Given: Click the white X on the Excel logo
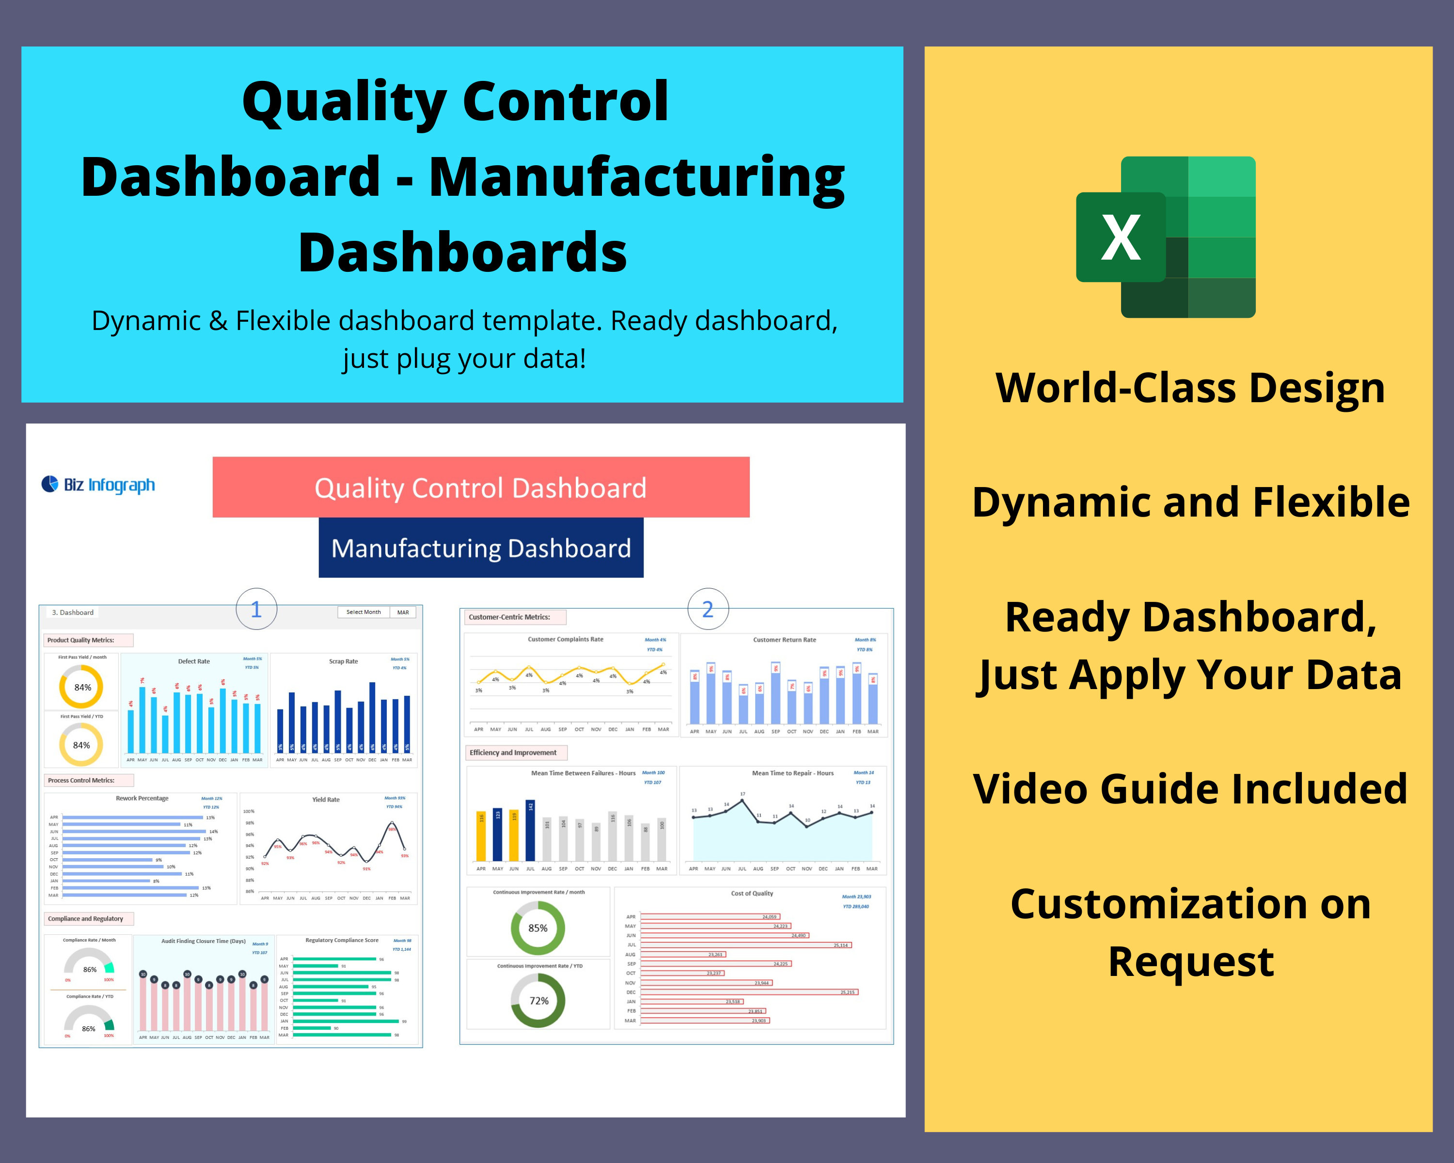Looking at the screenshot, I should (x=1120, y=237).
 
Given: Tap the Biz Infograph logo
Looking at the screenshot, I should (x=98, y=485).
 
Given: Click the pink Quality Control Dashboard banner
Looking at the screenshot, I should (x=480, y=487).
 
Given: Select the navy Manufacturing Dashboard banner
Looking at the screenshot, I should (x=480, y=548).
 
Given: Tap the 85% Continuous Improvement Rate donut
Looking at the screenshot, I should (x=537, y=927).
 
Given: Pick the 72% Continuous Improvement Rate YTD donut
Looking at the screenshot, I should (x=538, y=1001).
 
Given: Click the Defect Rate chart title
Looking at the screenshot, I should (x=193, y=661).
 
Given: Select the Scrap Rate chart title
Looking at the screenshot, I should (x=343, y=661).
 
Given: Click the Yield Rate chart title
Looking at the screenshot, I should (x=326, y=800).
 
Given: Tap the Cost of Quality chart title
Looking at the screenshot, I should (x=752, y=893).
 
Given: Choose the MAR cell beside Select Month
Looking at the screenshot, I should (x=403, y=612).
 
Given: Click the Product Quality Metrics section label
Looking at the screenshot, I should (x=81, y=640).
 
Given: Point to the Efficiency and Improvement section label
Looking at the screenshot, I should (x=513, y=753).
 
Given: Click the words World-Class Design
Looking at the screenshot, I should (x=1190, y=388).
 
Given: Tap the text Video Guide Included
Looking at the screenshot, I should (x=1190, y=789).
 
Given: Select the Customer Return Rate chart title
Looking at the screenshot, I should (x=784, y=640).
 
